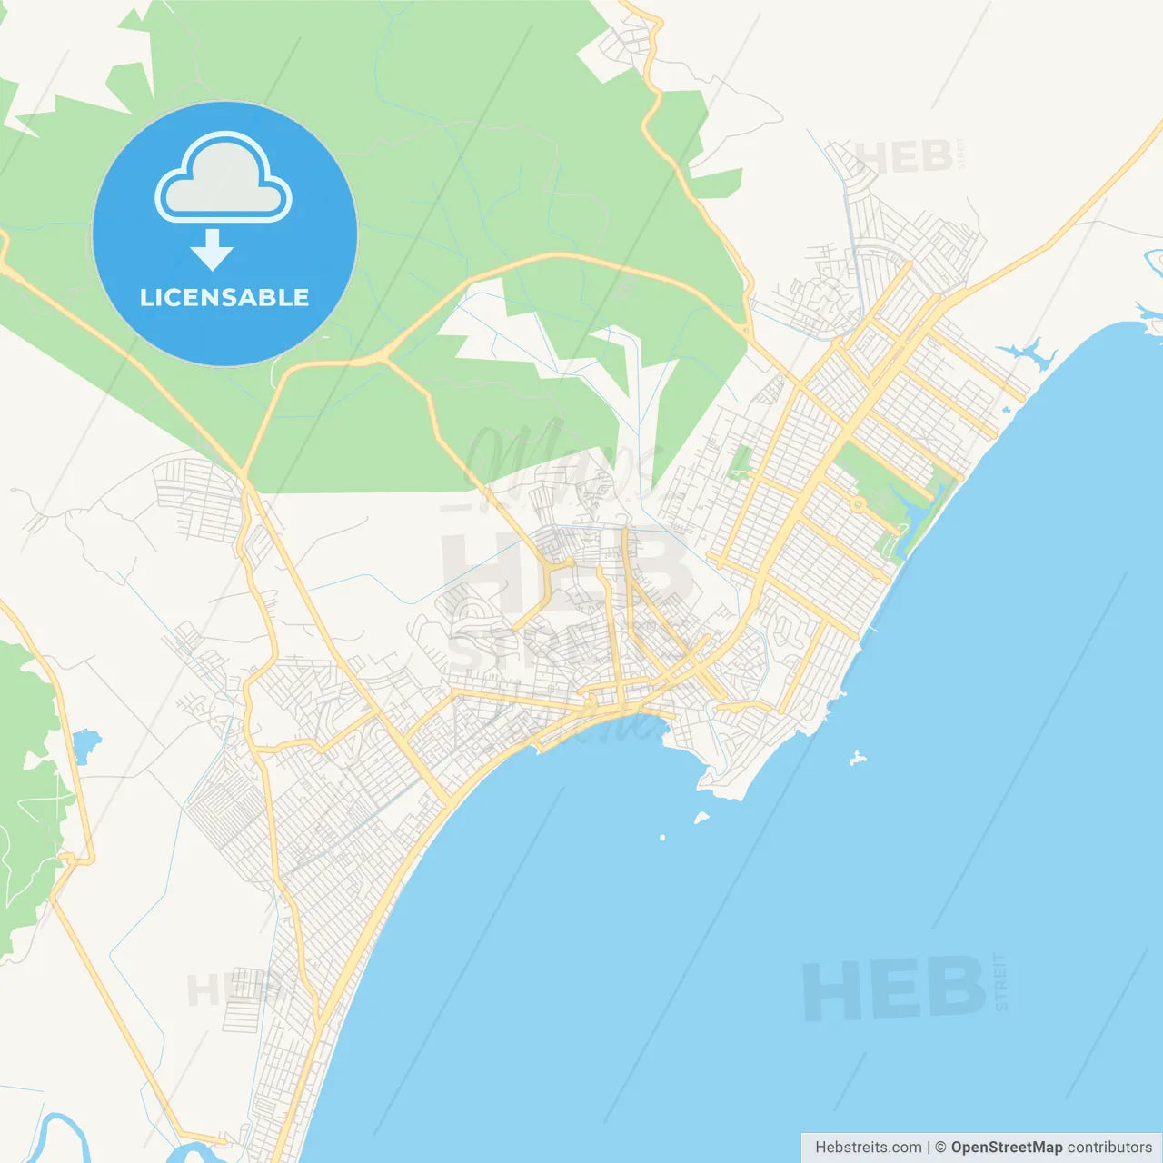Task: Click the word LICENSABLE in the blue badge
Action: tap(224, 297)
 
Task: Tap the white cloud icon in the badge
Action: tap(224, 179)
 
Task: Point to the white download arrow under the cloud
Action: tap(212, 250)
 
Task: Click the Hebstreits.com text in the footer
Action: tap(868, 1148)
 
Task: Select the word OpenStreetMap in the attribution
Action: tap(1007, 1148)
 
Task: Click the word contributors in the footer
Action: tap(1109, 1148)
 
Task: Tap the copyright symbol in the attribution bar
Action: tap(940, 1148)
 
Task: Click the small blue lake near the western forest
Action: tap(84, 746)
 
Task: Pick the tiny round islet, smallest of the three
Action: tap(662, 837)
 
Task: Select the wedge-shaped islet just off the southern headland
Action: tap(701, 818)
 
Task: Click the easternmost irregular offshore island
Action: tap(856, 757)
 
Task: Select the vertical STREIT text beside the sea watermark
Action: tap(1001, 981)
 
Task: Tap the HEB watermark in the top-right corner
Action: tap(904, 157)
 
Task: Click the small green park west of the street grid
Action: tap(741, 462)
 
